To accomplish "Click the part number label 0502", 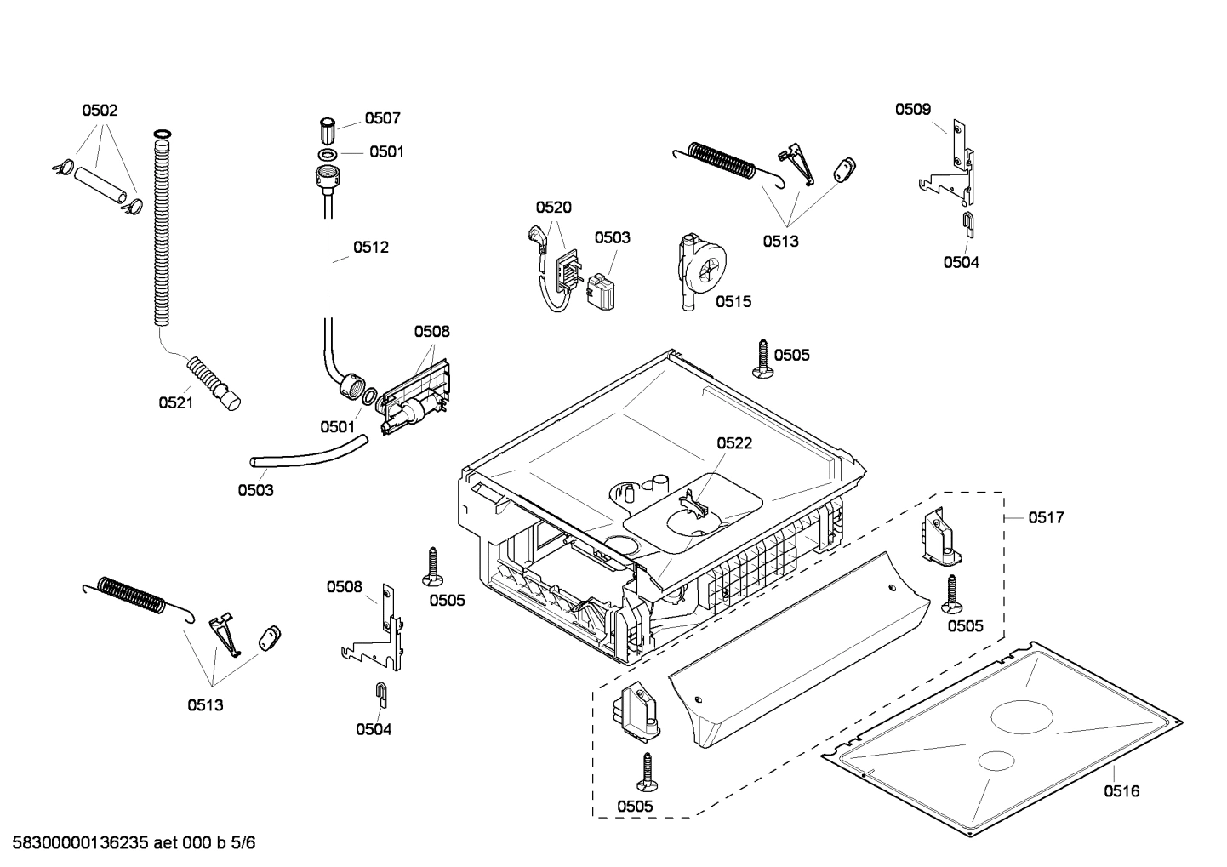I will tap(100, 111).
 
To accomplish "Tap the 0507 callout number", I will tap(382, 119).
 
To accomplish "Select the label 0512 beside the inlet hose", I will tap(371, 248).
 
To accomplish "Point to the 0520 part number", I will tap(553, 208).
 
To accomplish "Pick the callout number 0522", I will tap(733, 443).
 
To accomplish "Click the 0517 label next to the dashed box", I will tap(1046, 517).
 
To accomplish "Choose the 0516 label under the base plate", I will tap(1121, 791).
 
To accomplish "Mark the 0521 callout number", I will tap(176, 403).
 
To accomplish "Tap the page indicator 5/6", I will tap(243, 843).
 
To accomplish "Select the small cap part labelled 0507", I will tap(328, 132).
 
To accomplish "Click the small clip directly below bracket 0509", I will tap(969, 224).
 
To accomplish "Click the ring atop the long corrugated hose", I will tap(162, 134).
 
